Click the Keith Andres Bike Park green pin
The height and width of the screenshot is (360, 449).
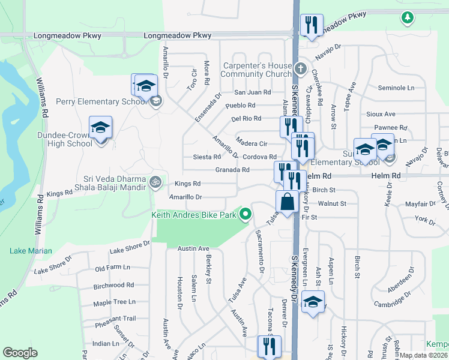tap(245, 214)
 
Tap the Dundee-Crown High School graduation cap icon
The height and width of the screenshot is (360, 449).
tap(100, 128)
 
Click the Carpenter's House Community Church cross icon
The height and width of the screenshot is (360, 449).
tap(301, 68)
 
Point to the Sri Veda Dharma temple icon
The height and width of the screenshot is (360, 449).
tap(155, 181)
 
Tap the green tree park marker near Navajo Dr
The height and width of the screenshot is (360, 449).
tap(408, 17)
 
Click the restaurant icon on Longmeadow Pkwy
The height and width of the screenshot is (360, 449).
tap(311, 26)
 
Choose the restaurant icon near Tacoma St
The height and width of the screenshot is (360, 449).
tap(269, 347)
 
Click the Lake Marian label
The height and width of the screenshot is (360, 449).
tap(31, 251)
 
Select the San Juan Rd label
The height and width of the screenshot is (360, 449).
tap(252, 92)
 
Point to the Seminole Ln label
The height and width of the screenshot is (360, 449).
tap(396, 88)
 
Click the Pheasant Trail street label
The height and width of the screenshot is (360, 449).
tap(115, 319)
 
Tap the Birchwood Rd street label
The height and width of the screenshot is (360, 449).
tap(114, 285)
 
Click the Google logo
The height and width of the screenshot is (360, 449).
tap(20, 353)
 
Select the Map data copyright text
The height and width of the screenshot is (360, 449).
tap(424, 355)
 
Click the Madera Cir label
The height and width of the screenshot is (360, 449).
tap(251, 144)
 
